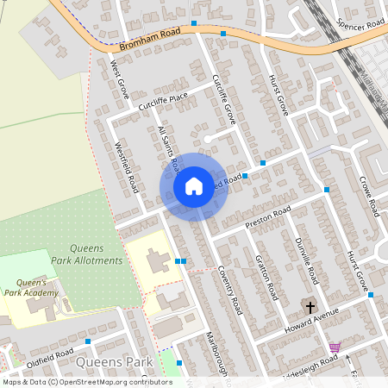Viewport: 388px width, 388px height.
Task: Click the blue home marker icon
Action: pos(194,186)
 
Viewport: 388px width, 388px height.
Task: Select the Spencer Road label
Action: pos(361,25)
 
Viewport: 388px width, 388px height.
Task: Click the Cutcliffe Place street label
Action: pos(162,102)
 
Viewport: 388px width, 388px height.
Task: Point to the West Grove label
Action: pos(120,77)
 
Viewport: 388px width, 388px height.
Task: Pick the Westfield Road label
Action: pos(127,167)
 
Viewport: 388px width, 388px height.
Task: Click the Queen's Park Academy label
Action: pos(38,287)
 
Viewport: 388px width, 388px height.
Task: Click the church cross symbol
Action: pos(310,306)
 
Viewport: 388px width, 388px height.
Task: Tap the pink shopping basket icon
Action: pos(335,347)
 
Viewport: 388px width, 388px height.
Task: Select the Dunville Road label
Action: pos(307,261)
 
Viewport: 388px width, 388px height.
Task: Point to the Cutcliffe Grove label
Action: pos(223,96)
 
